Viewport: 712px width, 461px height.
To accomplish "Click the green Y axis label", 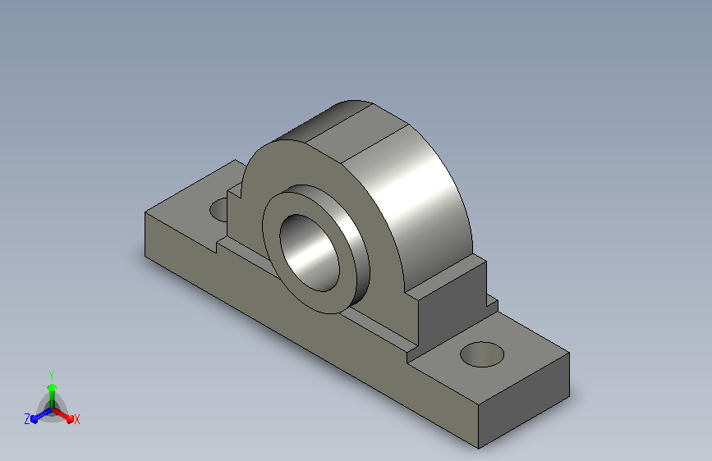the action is click(52, 375).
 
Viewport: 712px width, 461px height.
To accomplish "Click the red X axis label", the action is click(76, 419).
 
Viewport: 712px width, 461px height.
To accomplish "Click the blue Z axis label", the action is click(27, 419).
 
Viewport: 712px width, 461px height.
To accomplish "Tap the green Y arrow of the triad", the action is click(53, 396).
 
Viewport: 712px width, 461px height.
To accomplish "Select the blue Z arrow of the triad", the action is click(41, 415).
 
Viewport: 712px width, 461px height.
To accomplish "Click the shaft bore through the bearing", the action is click(310, 253).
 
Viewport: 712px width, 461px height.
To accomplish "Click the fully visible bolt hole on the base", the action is click(482, 354).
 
